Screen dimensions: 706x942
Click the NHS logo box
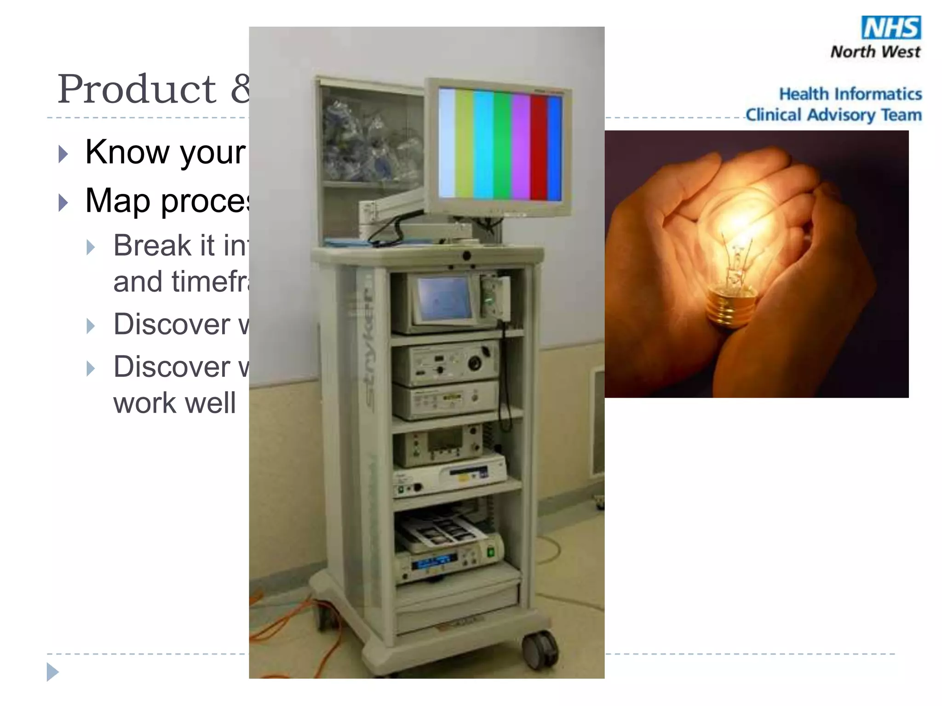click(891, 28)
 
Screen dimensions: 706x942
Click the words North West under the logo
click(875, 52)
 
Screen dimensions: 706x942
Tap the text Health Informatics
click(850, 94)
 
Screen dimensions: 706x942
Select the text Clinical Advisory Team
click(833, 115)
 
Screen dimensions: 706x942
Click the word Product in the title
click(137, 89)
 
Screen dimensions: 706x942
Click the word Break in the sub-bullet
click(152, 245)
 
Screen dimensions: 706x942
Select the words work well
click(175, 403)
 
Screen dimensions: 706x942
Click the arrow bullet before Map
click(63, 203)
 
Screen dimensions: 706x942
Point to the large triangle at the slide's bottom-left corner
click(52, 672)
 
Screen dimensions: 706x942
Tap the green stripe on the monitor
click(502, 145)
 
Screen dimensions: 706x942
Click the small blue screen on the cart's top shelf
click(443, 299)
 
